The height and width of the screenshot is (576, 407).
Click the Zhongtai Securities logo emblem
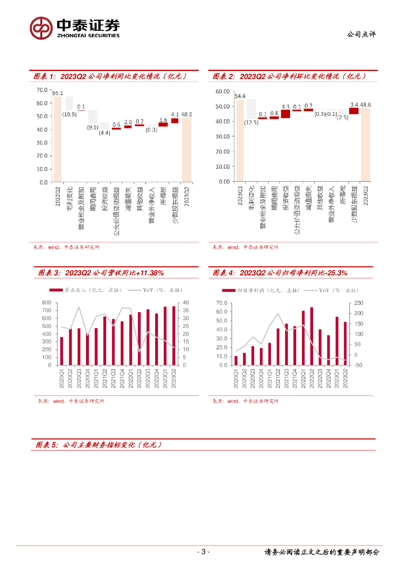pyautogui.click(x=40, y=27)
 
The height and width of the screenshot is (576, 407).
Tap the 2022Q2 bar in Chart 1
pyautogui.click(x=57, y=139)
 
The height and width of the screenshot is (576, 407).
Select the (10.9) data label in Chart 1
pyautogui.click(x=70, y=114)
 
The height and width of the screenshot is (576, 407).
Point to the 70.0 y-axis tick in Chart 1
pyautogui.click(x=43, y=90)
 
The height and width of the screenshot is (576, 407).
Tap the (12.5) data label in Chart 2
pyautogui.click(x=251, y=123)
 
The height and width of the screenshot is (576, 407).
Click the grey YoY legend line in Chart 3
pyautogui.click(x=134, y=290)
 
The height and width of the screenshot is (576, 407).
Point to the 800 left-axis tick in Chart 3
pyautogui.click(x=46, y=303)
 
